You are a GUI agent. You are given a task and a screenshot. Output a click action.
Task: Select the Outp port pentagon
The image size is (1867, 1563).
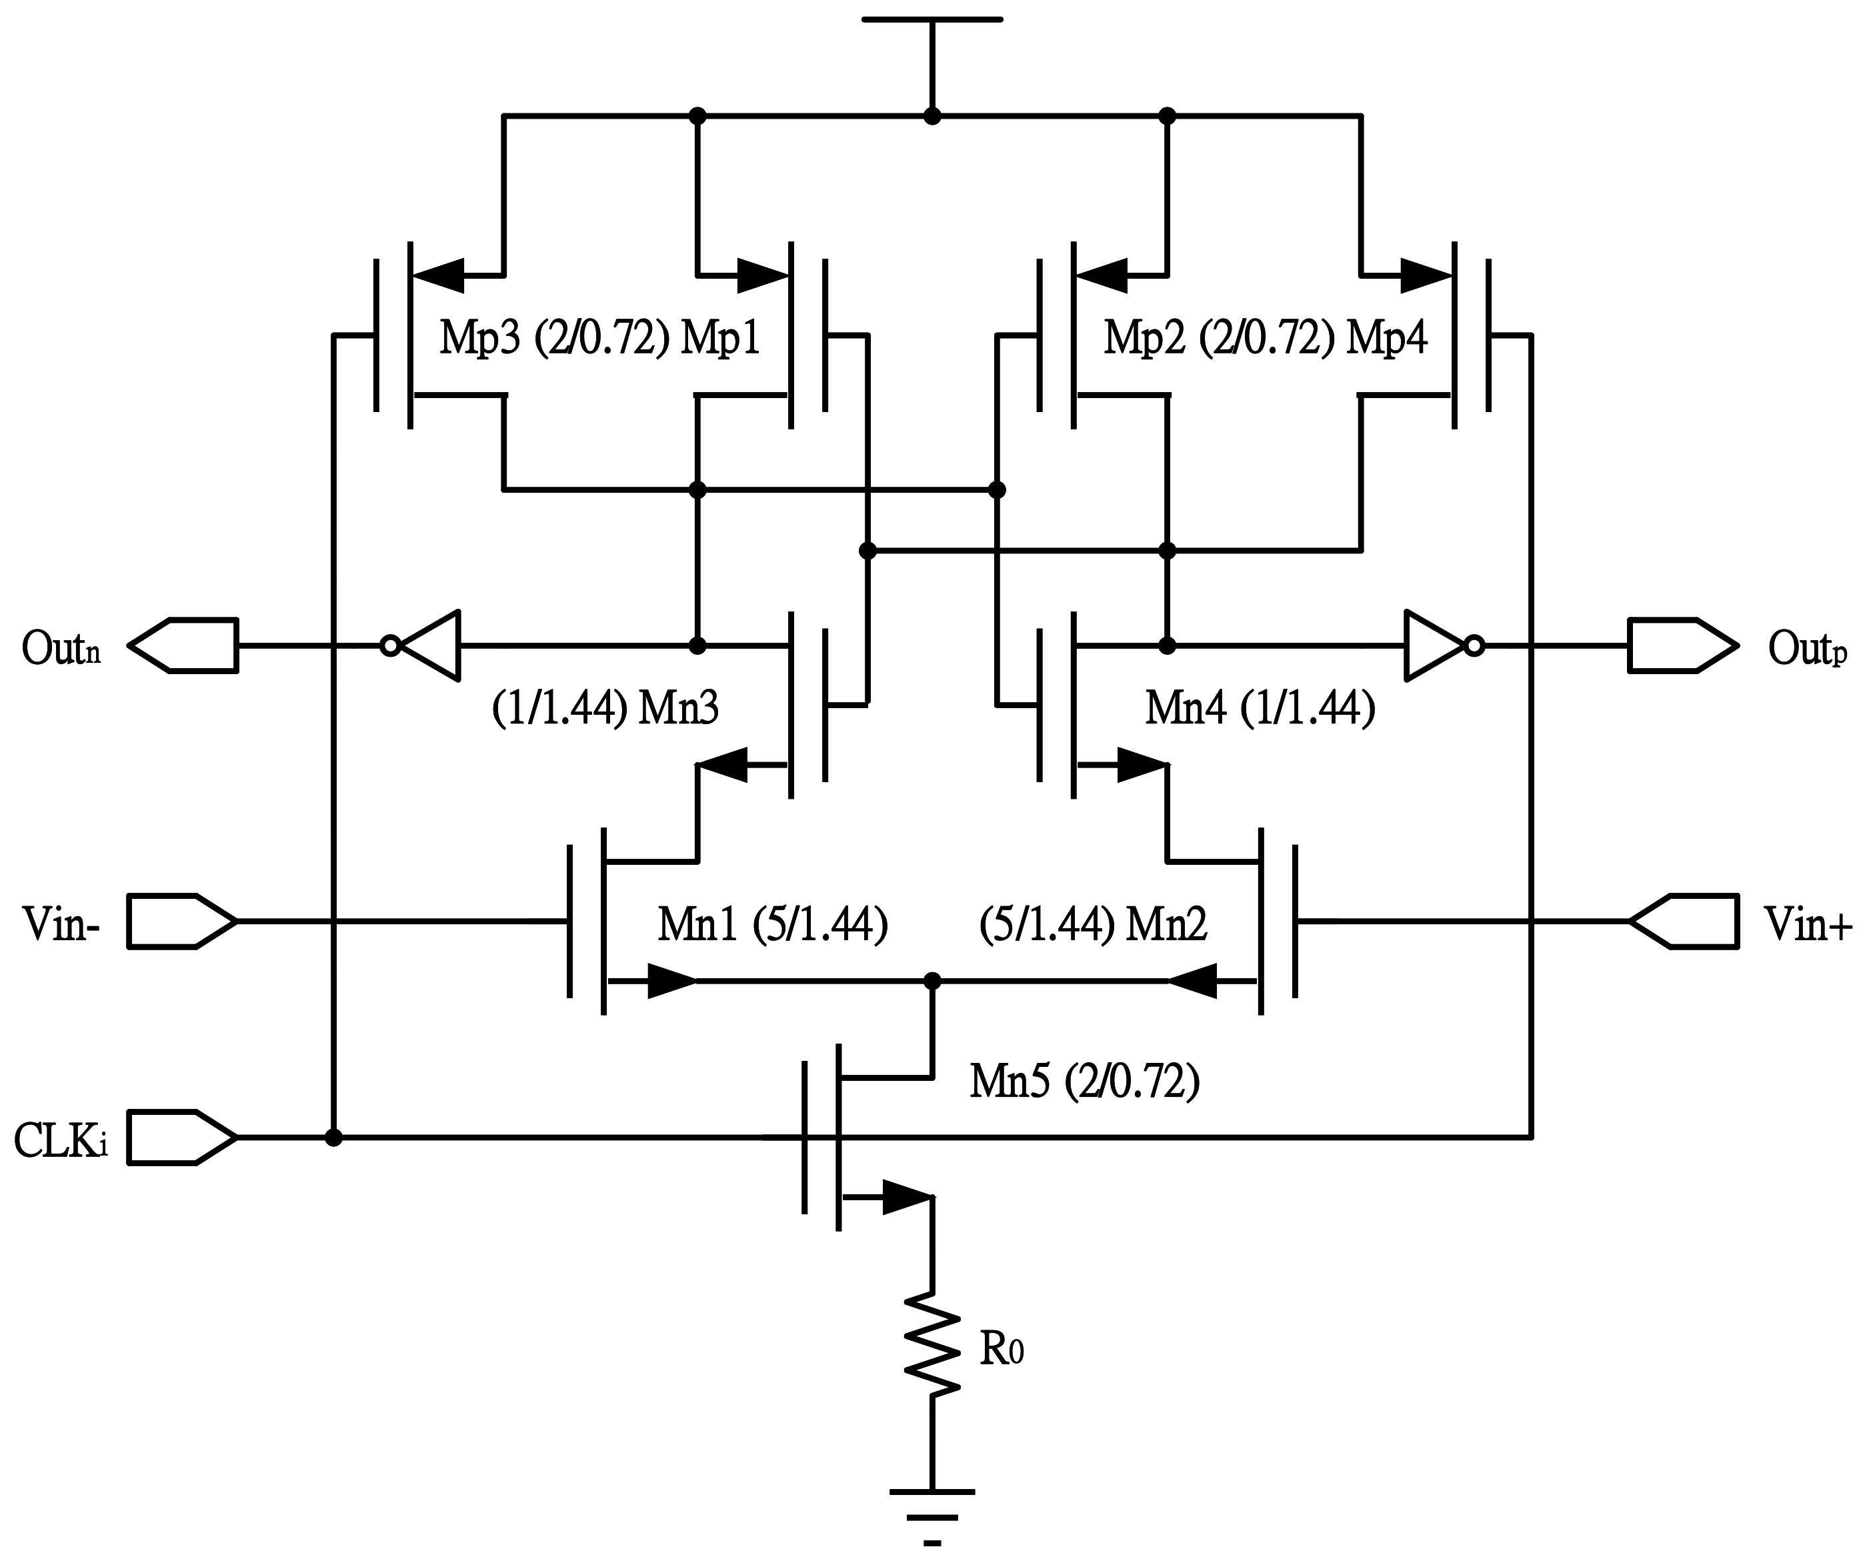(x=1681, y=645)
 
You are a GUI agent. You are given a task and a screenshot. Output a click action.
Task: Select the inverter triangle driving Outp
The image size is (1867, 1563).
(x=1432, y=645)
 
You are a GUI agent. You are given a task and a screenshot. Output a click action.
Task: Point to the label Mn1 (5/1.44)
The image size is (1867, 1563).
(x=771, y=925)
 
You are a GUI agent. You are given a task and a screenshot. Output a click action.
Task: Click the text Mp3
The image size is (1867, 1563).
(x=479, y=339)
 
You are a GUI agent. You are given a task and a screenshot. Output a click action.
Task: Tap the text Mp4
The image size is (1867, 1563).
(x=1386, y=339)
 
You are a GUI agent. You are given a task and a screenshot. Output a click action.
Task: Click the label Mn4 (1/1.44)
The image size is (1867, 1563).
(x=1260, y=709)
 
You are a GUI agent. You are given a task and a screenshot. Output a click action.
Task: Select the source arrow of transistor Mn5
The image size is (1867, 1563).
(x=907, y=1197)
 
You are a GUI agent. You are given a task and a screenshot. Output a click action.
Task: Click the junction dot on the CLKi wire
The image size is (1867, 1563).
(x=333, y=1137)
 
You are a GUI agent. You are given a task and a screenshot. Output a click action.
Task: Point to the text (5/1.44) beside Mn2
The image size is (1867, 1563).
(x=1046, y=925)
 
